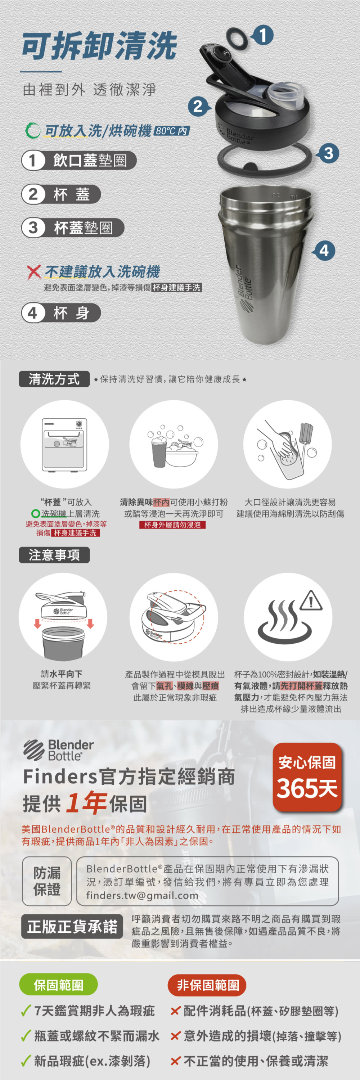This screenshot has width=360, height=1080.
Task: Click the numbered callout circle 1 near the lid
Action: point(262,35)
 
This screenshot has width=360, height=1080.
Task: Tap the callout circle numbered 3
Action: point(329,153)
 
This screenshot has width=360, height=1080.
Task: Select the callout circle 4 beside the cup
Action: point(324,251)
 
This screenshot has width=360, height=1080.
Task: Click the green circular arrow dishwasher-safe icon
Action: point(33,130)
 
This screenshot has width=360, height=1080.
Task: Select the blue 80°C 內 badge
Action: point(172,131)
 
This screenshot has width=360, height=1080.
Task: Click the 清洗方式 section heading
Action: point(54,379)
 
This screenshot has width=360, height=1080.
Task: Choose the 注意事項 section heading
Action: point(54,555)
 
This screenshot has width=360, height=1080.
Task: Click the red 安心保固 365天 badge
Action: point(307,777)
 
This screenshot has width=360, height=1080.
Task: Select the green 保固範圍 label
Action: point(59,985)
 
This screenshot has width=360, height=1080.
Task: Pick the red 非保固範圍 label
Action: point(207,985)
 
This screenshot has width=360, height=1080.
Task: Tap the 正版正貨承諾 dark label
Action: point(72,927)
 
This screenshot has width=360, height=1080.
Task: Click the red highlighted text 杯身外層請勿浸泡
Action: point(172,525)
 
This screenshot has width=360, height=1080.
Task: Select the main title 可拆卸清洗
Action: point(99,46)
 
